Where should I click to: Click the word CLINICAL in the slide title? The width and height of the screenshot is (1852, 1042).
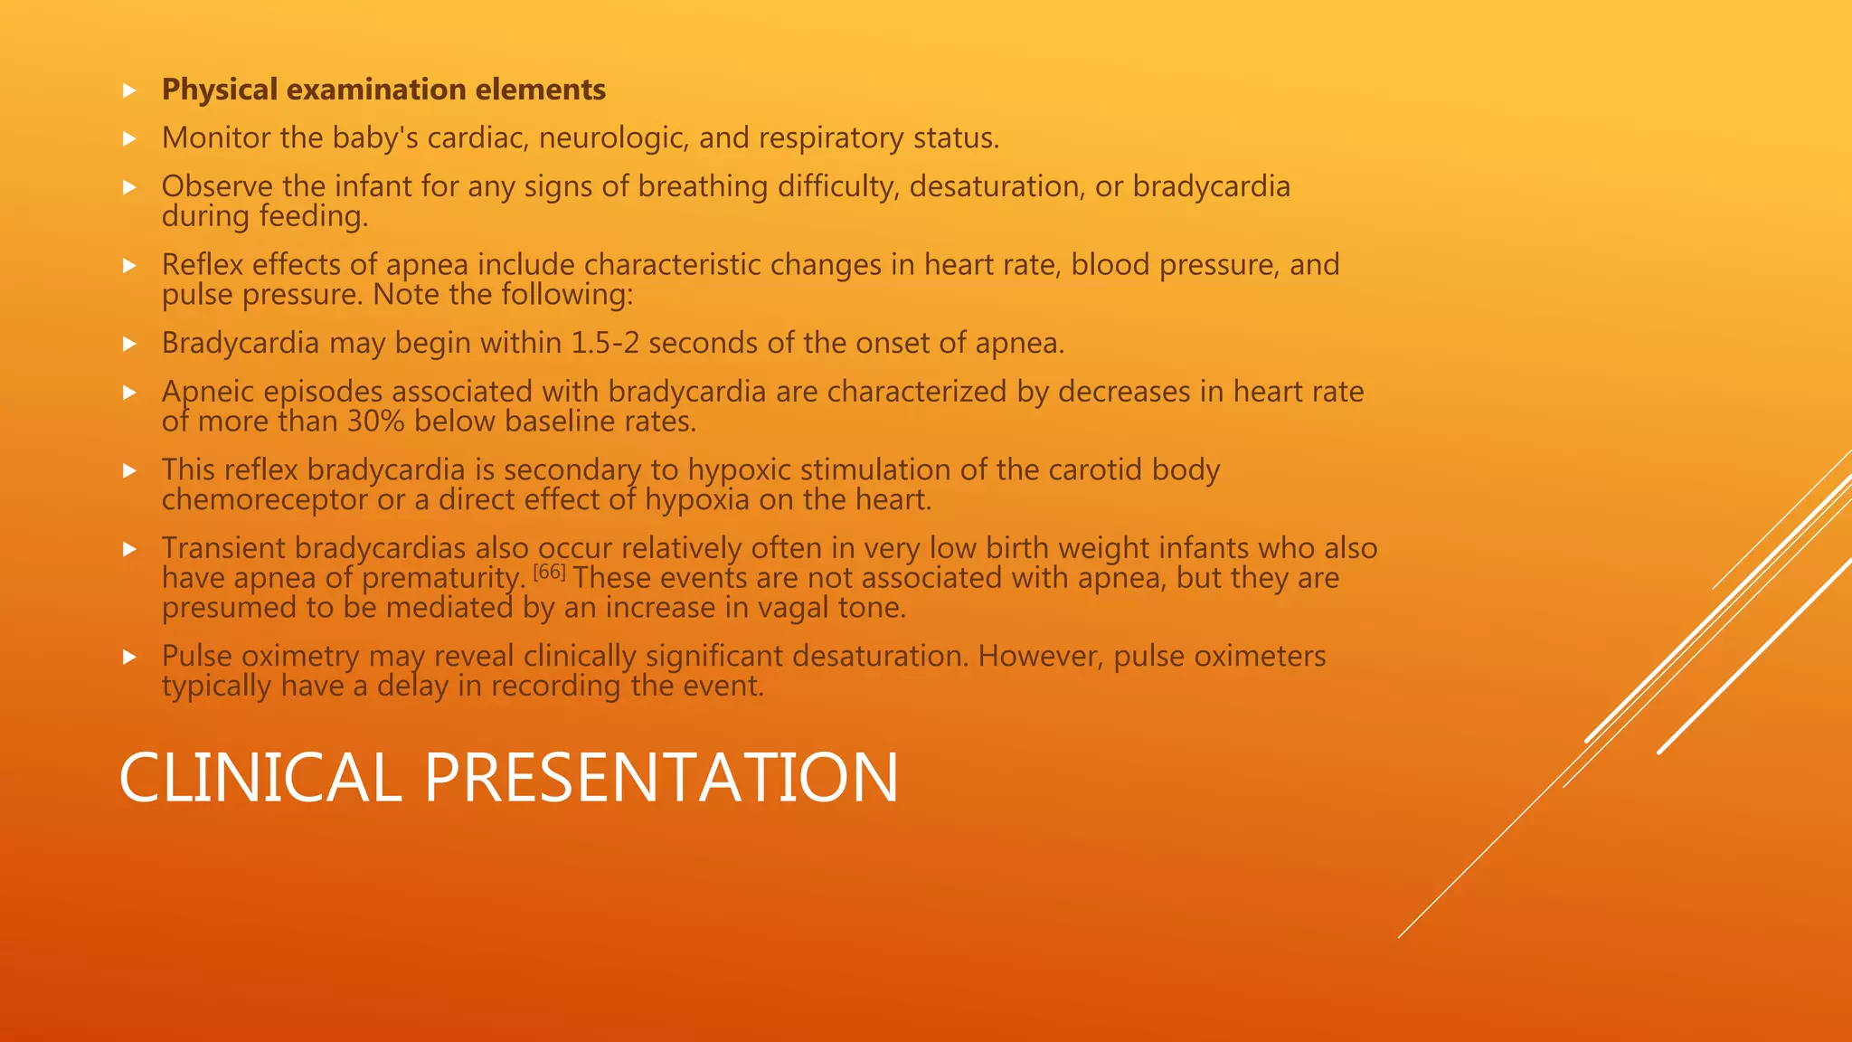(260, 778)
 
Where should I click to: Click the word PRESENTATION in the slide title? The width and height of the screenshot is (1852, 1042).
(661, 778)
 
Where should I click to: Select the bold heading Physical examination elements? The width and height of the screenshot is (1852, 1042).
(383, 90)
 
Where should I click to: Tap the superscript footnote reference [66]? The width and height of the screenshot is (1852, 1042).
(549, 572)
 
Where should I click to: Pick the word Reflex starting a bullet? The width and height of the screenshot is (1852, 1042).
(203, 265)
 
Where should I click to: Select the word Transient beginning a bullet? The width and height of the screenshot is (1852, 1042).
(223, 548)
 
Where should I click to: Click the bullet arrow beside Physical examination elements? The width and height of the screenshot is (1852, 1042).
(129, 90)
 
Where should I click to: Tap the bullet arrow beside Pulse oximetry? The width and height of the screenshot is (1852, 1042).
(129, 657)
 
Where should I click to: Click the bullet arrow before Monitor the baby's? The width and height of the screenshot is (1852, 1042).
(129, 139)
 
